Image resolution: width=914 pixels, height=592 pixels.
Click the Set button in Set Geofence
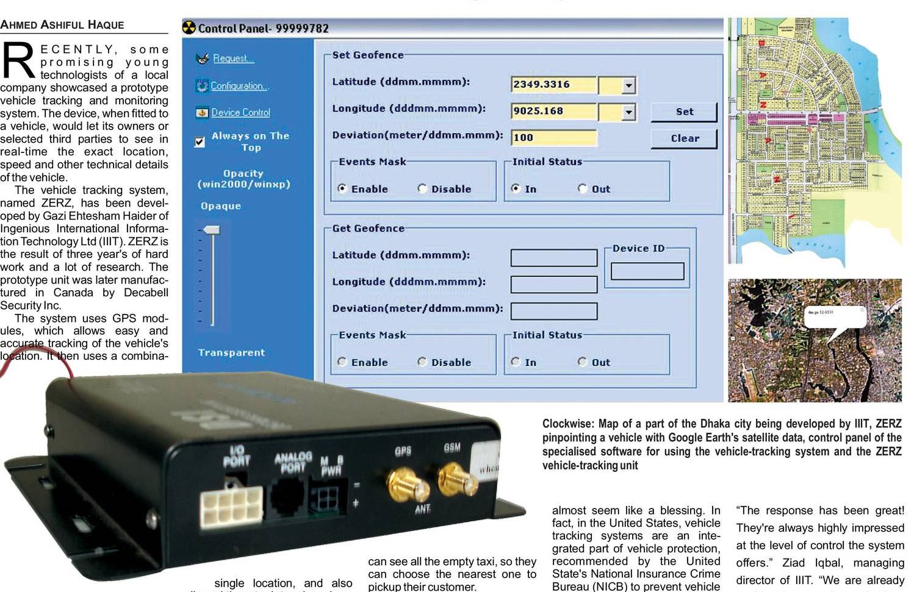684,112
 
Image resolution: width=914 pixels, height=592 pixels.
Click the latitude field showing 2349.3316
553,85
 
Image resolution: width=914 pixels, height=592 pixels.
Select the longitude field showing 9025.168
553,112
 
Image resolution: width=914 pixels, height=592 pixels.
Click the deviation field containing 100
553,138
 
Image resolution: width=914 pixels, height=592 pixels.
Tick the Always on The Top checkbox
200,142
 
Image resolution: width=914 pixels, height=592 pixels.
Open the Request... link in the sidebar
233,59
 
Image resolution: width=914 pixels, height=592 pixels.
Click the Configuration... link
239,86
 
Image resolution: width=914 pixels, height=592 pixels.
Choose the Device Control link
240,113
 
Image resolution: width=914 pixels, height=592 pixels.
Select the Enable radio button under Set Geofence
342,189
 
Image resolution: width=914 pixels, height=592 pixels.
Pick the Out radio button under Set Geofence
582,189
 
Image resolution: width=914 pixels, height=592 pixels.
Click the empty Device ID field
647,271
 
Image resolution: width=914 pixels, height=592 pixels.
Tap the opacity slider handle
211,230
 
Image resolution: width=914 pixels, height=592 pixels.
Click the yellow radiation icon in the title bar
189,28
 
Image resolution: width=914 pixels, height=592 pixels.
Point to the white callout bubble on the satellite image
833,316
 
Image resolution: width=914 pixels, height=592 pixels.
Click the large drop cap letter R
18,61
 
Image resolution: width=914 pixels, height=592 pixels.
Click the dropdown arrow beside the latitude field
628,85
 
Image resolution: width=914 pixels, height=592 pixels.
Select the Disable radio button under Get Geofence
422,362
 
